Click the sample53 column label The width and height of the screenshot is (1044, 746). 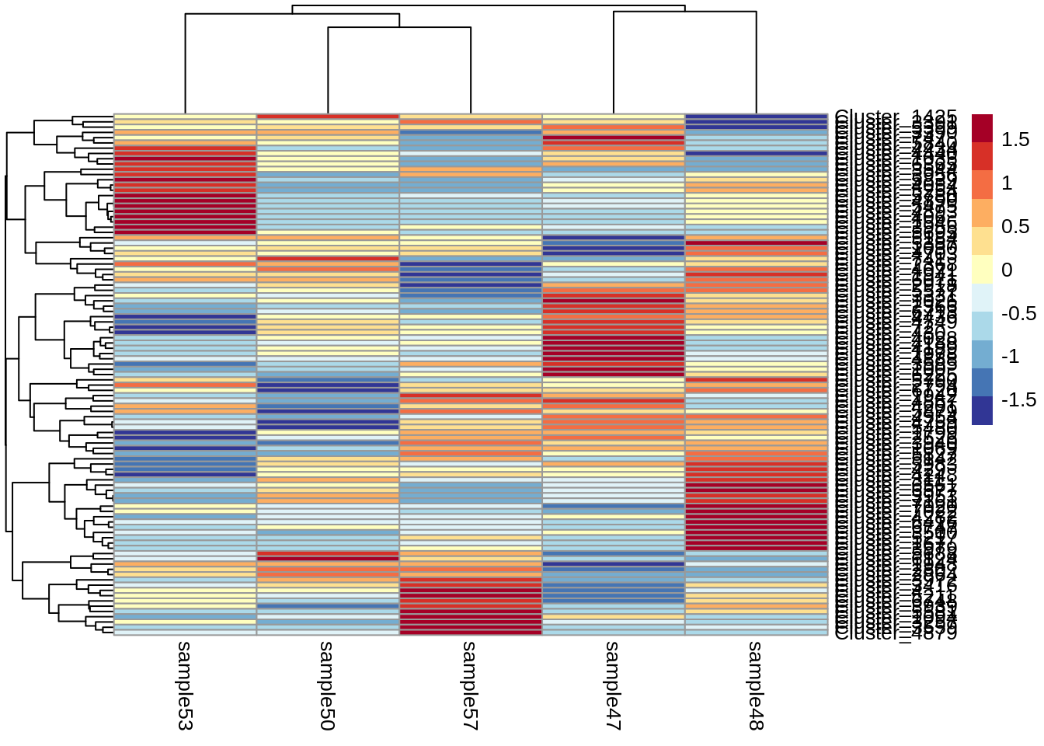point(184,685)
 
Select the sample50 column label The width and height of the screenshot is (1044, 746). point(327,685)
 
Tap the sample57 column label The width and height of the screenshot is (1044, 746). point(470,685)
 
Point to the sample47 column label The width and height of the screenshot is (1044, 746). point(613,685)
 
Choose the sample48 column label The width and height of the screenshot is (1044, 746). point(756,685)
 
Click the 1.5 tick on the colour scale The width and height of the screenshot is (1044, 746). point(1015,140)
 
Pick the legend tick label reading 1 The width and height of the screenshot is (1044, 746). point(1007,183)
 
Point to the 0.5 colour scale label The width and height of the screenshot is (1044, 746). point(1015,227)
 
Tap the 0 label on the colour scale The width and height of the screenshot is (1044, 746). point(1007,270)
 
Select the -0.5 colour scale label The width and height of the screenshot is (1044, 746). point(1018,314)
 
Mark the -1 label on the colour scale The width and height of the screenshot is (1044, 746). point(1011,357)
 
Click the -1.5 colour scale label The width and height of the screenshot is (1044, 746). point(1018,400)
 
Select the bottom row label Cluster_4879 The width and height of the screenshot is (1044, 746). point(896,633)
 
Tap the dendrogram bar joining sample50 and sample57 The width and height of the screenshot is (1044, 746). point(399,28)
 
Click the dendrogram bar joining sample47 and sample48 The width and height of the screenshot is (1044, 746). point(684,12)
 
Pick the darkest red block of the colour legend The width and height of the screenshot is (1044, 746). point(982,128)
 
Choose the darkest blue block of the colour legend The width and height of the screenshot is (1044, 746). point(982,410)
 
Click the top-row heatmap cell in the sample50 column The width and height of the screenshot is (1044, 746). point(327,117)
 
